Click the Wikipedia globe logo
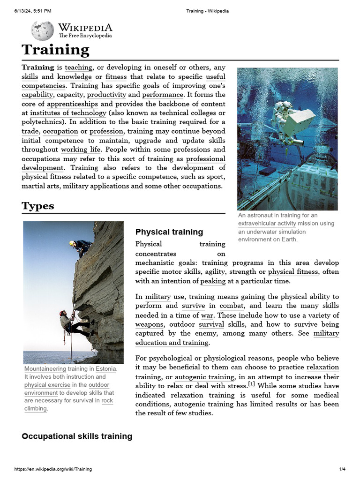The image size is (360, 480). (42, 31)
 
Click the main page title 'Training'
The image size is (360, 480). (55, 50)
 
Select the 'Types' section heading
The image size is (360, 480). (37, 206)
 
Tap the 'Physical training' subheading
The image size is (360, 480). (169, 232)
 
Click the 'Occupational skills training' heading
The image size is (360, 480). (77, 436)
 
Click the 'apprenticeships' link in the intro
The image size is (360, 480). (73, 104)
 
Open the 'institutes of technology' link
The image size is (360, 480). (68, 113)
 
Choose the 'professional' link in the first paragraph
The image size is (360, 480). (206, 158)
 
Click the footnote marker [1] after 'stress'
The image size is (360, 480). (251, 385)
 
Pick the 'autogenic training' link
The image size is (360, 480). (204, 377)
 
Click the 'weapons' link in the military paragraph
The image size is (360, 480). (149, 324)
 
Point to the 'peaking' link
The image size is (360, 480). (213, 281)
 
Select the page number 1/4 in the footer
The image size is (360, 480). (342, 469)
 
